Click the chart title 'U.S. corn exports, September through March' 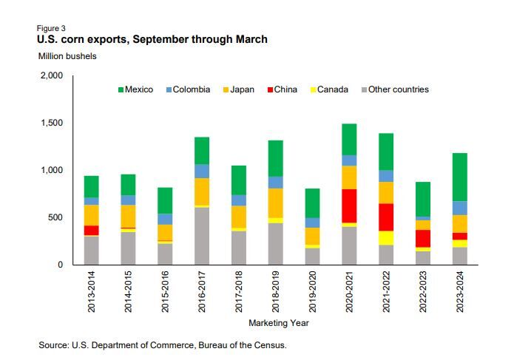point(152,39)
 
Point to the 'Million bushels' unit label point(67,56)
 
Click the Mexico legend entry point(135,89)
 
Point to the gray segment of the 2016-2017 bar point(201,236)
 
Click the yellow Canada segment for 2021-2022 point(386,237)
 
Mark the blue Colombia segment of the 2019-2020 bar point(312,223)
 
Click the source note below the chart point(163,345)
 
